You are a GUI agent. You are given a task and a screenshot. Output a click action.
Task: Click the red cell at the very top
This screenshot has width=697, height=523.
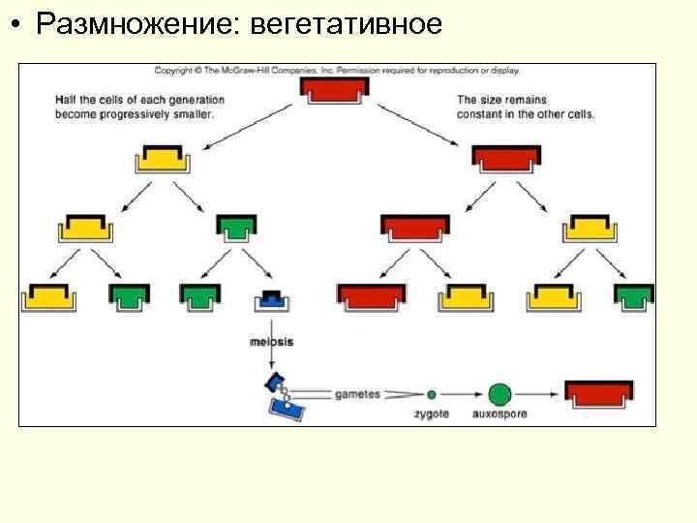(x=334, y=91)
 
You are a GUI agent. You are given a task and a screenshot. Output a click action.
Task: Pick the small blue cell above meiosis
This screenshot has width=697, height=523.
(x=272, y=299)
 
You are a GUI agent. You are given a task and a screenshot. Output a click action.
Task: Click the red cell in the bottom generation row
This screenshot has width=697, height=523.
(x=372, y=295)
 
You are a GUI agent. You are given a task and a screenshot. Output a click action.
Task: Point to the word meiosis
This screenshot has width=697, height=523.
(x=272, y=341)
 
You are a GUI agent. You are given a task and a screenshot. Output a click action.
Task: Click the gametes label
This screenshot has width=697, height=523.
(x=358, y=394)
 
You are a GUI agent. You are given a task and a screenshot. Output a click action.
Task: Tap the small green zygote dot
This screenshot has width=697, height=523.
(x=432, y=394)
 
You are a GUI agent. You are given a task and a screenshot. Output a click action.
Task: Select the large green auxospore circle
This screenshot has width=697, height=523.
(x=500, y=394)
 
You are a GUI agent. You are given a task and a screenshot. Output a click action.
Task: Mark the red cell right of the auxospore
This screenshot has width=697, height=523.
(x=599, y=392)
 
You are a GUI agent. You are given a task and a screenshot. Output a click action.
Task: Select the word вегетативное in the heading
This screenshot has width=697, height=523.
(x=345, y=24)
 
